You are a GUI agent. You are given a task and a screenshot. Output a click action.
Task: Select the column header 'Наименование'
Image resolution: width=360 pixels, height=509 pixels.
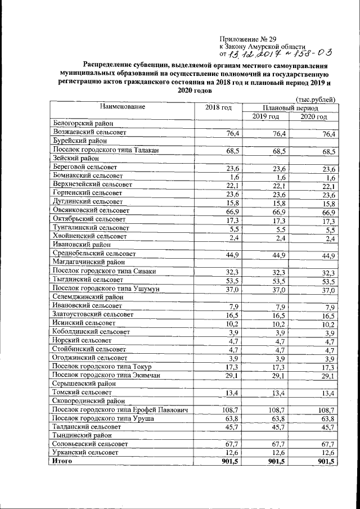[x=123, y=106]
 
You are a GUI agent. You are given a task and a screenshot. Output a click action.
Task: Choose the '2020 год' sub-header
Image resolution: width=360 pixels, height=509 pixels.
[x=313, y=116]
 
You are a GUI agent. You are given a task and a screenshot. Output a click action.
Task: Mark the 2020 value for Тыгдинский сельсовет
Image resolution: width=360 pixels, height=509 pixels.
[x=328, y=281]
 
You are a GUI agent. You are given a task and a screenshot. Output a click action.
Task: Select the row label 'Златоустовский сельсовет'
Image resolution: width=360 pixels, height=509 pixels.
[x=93, y=316]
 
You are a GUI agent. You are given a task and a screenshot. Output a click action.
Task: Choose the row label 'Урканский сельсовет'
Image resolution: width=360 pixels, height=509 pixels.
[x=85, y=452]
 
